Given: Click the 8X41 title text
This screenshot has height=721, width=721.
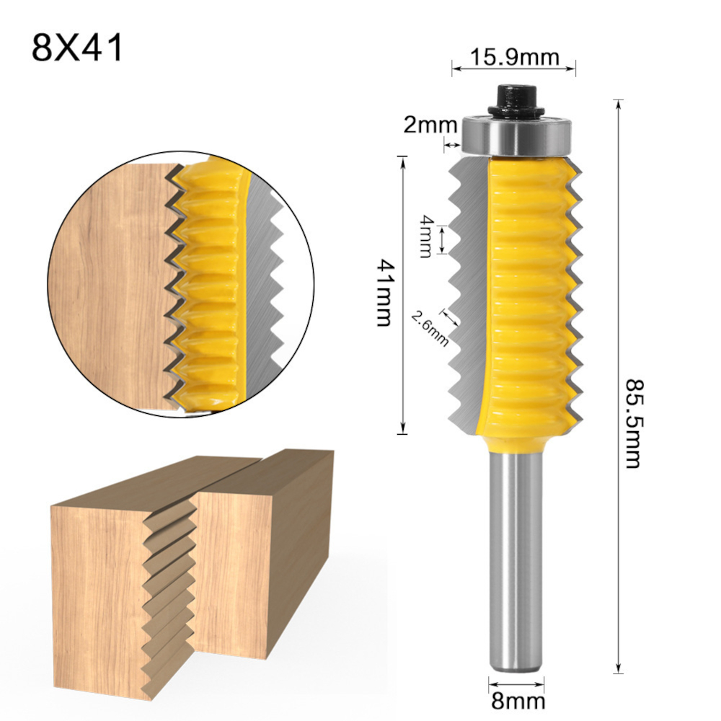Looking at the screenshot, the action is tap(77, 48).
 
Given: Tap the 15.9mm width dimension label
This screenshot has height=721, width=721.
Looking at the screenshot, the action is tap(514, 58).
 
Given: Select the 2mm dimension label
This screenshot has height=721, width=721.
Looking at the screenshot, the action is tap(430, 125).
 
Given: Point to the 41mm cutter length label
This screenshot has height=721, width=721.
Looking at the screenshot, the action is tap(384, 293).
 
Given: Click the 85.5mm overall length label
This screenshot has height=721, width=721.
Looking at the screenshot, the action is tap(634, 423).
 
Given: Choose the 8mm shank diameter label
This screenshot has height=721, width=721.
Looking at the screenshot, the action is tap(518, 702).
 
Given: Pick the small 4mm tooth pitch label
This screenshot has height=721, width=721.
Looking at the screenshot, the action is tap(426, 236).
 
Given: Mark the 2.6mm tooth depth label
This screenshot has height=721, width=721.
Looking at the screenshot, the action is tap(430, 329).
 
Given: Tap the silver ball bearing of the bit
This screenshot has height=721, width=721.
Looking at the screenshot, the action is tap(516, 136).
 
